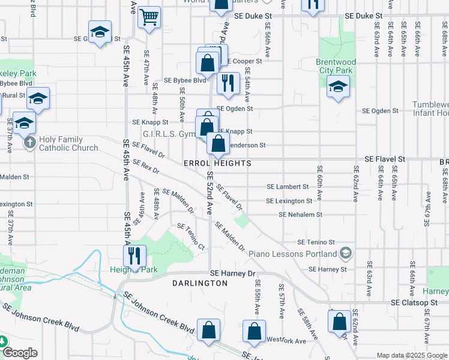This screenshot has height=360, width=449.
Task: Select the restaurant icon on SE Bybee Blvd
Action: pos(228,83)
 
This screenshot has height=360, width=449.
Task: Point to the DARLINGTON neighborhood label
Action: pos(200,283)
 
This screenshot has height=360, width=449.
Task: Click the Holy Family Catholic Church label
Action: pos(68,143)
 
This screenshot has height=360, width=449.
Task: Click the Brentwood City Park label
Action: pos(336,66)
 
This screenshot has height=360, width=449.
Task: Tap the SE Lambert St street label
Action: pos(288,187)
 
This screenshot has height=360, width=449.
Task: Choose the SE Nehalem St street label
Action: pos(300,214)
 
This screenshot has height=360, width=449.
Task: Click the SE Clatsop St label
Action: pos(415,303)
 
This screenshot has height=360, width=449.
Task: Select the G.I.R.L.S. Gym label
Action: pos(166,134)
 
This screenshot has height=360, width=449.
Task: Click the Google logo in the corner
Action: pos(20,353)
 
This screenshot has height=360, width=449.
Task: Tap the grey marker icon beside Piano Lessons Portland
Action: pos(345,254)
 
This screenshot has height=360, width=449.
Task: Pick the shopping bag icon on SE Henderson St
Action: pos(218,143)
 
